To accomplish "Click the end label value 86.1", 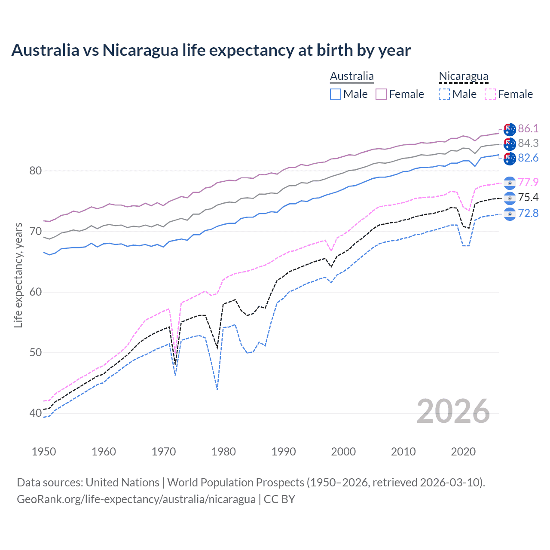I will coord(528,128).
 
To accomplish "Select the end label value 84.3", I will coord(528,143).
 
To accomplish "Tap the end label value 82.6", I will coord(528,158).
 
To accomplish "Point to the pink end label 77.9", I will coord(528,182).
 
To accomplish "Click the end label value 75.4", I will coord(528,197).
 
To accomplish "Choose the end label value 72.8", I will coord(528,213).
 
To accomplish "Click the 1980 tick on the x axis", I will coord(223,452).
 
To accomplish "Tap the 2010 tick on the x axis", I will coord(403,452).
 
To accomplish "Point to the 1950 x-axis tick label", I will coord(44,452).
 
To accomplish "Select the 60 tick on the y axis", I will coord(35,292).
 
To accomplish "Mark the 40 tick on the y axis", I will coord(35,413).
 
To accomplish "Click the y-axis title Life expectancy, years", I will coord(18,275).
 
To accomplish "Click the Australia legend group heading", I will coord(352,76).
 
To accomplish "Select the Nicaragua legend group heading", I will coord(463,76).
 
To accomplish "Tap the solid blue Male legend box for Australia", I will coord(336,94).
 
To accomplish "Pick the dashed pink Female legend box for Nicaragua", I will coord(490,94).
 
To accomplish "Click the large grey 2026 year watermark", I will coord(453,411).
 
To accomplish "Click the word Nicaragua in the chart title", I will coord(140,50).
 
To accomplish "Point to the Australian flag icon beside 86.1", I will coord(510,129).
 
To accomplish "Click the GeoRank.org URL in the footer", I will coord(136,499).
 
